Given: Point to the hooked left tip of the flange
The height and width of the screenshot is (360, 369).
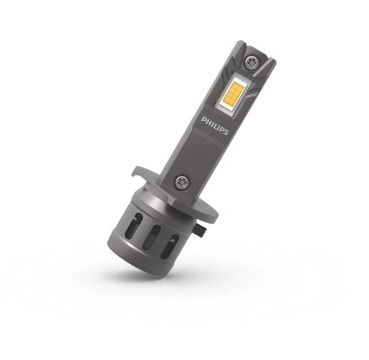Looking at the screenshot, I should tap(137, 169).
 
